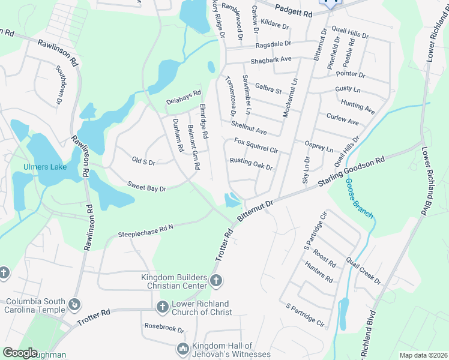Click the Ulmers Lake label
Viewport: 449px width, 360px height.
click(x=43, y=167)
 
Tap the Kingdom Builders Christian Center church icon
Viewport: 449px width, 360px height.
click(x=216, y=280)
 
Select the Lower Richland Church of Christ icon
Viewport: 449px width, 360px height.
click(x=161, y=307)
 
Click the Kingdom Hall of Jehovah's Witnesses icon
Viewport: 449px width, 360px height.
click(x=182, y=348)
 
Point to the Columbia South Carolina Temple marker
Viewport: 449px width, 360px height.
click(x=74, y=304)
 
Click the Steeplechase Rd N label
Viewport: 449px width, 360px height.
click(x=145, y=230)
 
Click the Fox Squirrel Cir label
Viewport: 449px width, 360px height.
click(x=256, y=146)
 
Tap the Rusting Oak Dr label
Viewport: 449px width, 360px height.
click(x=252, y=164)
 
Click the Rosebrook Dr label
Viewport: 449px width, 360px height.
click(x=164, y=328)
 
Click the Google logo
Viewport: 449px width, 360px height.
click(x=20, y=353)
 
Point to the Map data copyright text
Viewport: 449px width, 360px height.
click(x=423, y=355)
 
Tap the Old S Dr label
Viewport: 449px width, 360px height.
click(x=143, y=161)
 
